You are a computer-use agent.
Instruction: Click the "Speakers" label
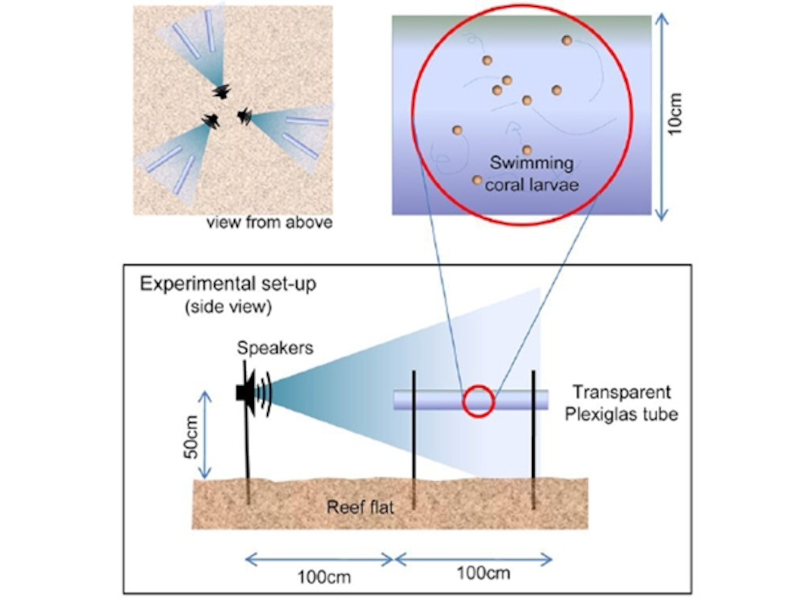point(275,348)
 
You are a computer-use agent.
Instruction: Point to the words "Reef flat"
point(360,507)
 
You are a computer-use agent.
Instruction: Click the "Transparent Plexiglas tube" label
point(621,403)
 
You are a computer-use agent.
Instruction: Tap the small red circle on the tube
point(478,401)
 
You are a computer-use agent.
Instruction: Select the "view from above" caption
point(270,223)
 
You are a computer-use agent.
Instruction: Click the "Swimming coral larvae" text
point(532,174)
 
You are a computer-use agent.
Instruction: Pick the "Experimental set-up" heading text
point(228,284)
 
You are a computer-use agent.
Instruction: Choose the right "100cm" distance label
point(484,573)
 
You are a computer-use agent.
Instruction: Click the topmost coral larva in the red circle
point(567,40)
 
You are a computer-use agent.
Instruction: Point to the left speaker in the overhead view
point(211,120)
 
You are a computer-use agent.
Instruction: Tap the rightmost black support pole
point(533,438)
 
